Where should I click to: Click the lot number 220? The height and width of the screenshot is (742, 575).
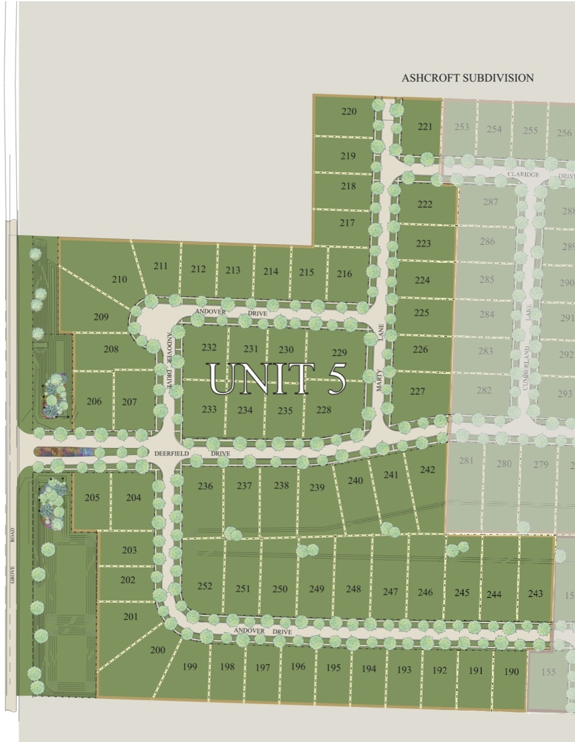click(349, 112)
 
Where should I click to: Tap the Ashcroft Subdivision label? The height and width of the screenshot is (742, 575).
click(467, 78)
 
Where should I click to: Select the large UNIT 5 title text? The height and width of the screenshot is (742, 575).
click(277, 378)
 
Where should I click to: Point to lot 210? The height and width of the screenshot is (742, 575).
click(119, 279)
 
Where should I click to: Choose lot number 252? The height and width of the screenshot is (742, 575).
click(204, 586)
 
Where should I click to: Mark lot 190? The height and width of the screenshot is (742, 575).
click(511, 671)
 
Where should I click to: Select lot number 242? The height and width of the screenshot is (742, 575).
click(427, 469)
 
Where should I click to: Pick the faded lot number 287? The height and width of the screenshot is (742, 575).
click(491, 201)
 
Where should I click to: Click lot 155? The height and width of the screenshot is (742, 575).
click(548, 672)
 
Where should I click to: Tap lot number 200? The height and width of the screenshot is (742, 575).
click(157, 650)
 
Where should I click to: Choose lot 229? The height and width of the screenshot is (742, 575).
click(339, 353)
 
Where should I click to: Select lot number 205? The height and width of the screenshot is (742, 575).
click(92, 497)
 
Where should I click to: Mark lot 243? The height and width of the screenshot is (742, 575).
click(536, 593)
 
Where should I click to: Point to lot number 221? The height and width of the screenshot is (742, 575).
click(425, 126)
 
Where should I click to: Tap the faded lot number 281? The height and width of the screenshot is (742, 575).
click(466, 461)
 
